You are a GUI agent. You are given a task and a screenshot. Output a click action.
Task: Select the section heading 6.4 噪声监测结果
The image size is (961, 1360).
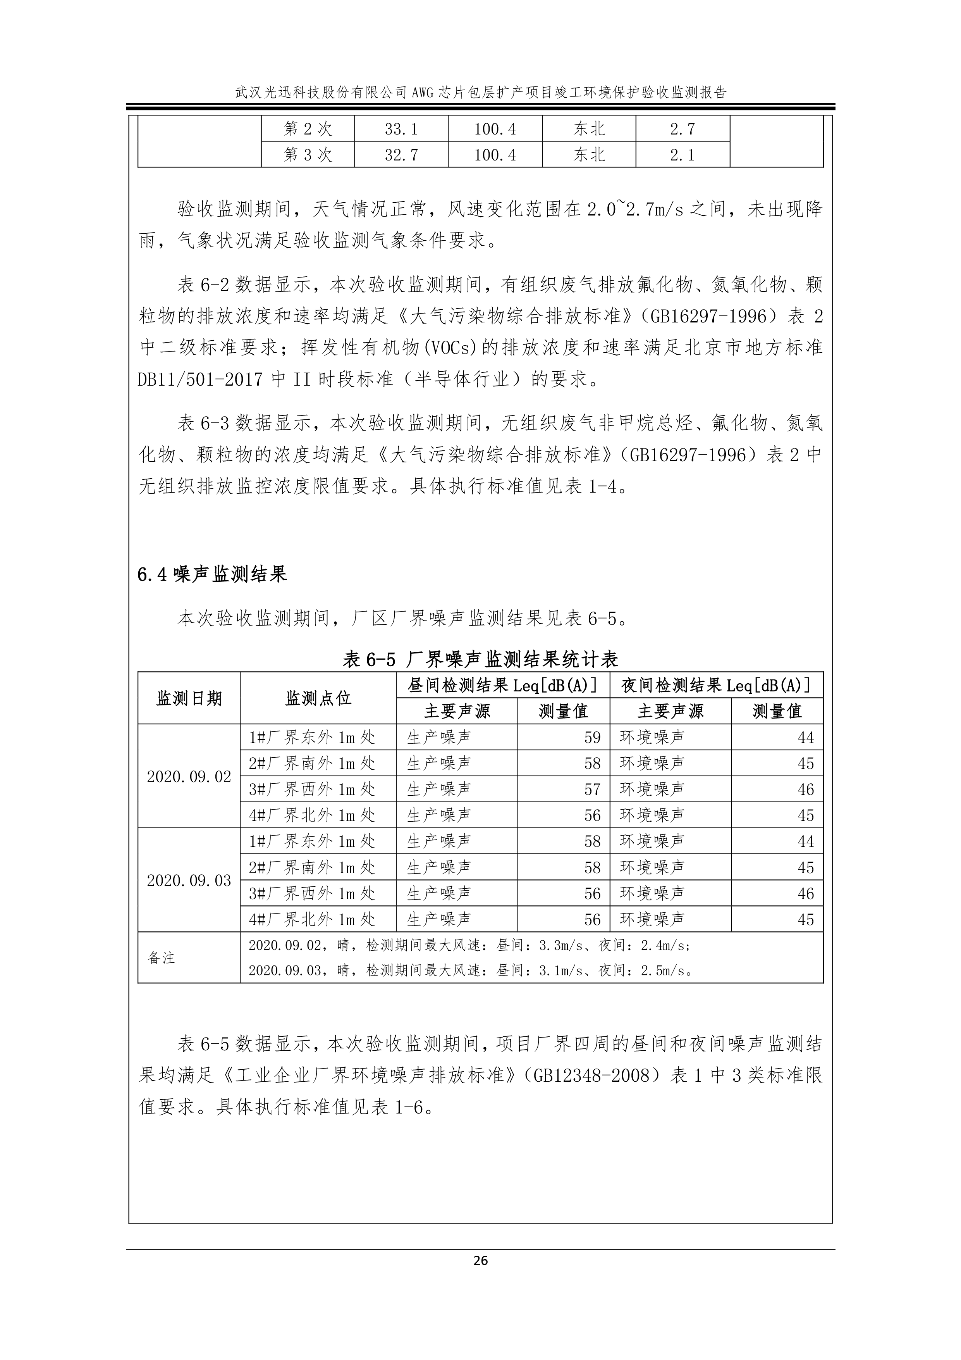pos(212,574)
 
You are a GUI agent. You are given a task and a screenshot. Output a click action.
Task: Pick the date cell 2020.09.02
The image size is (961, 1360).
pos(189,777)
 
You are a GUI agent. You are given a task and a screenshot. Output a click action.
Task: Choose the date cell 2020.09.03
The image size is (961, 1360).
pos(189,880)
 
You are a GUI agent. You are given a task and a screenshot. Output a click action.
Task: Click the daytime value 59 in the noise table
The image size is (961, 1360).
pos(592,738)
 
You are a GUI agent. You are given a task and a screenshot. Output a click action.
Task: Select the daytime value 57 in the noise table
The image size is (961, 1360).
pos(592,789)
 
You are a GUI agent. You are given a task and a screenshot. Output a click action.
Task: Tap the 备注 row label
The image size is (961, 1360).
pos(162,958)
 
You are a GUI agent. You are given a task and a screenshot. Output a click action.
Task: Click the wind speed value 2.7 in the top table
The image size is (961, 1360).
pos(682,129)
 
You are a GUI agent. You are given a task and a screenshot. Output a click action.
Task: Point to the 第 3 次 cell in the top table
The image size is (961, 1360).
pos(308,155)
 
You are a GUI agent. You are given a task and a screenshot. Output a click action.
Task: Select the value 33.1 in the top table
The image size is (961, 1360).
pos(401,129)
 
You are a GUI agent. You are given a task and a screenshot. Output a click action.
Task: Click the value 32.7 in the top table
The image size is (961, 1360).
pos(401,155)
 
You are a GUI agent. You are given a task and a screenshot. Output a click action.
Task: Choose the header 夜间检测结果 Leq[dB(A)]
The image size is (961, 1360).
pos(717,685)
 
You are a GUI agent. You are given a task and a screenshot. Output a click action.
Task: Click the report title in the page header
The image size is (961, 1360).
pos(480,92)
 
